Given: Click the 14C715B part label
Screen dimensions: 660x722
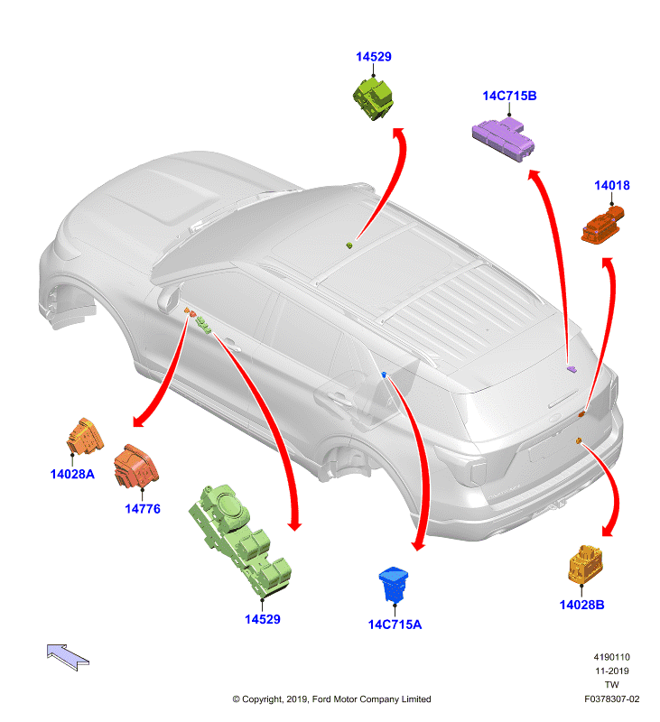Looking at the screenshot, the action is coord(509,96).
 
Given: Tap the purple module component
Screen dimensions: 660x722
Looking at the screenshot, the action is coord(504,138).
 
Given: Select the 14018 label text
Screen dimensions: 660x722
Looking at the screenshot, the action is coord(611,186).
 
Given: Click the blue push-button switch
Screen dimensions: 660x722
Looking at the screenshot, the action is coord(394,584).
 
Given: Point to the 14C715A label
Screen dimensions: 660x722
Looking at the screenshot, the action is coord(395,625).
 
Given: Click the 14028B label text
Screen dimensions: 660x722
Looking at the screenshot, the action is coord(581,605).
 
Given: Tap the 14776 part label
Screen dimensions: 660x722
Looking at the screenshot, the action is coord(143,509).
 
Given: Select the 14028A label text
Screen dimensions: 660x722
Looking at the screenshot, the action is coord(72,474).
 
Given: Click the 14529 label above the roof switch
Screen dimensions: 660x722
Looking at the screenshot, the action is coord(374,57).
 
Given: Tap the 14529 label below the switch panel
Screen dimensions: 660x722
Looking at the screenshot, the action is coord(263,619).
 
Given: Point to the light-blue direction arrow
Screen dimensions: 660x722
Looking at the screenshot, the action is coord(68,657).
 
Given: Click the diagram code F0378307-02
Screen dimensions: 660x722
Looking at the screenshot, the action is coord(611,699).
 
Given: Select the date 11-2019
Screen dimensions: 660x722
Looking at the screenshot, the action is coord(611,671).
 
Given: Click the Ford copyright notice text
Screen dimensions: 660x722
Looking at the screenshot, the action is coord(331,699).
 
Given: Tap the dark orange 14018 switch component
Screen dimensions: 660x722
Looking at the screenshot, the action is coord(603,225).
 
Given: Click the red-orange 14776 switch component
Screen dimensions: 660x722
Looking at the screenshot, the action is coord(135,466).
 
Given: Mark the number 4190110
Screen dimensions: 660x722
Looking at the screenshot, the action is coord(611,657).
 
